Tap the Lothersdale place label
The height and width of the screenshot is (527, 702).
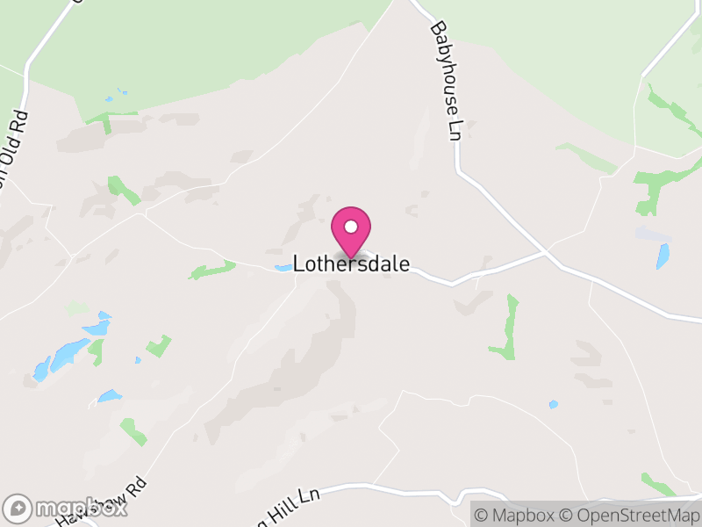point(351,263)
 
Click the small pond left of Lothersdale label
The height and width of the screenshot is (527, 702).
point(283,268)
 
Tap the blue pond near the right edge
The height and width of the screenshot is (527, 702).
point(663,256)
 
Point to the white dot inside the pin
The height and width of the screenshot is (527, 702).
point(351,227)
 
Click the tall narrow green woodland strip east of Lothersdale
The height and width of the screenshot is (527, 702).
point(507,327)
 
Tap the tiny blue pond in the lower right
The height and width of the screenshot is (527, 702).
point(553,404)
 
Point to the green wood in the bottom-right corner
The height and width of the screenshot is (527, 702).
point(658,484)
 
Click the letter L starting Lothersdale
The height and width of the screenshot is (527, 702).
point(298,263)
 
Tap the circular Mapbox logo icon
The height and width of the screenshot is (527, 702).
point(18,509)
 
